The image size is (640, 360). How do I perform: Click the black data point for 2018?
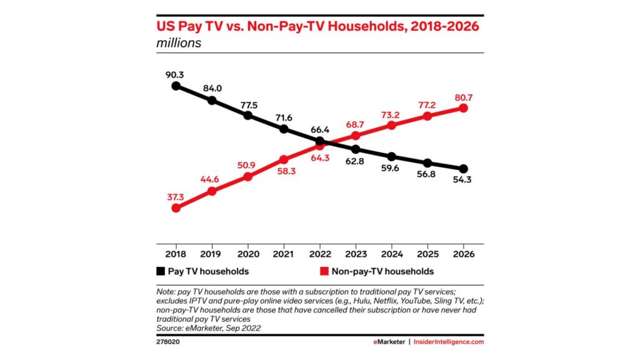176,86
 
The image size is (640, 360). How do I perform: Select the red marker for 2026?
463,107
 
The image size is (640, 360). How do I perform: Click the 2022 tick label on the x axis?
319,254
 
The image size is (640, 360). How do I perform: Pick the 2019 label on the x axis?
212,254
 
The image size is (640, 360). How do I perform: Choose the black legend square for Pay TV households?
161,271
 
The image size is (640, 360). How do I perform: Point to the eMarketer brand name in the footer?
387,342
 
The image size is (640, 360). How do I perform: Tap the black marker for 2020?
248,115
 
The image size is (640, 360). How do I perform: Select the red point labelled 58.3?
284,159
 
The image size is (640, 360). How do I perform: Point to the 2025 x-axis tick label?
427,254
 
